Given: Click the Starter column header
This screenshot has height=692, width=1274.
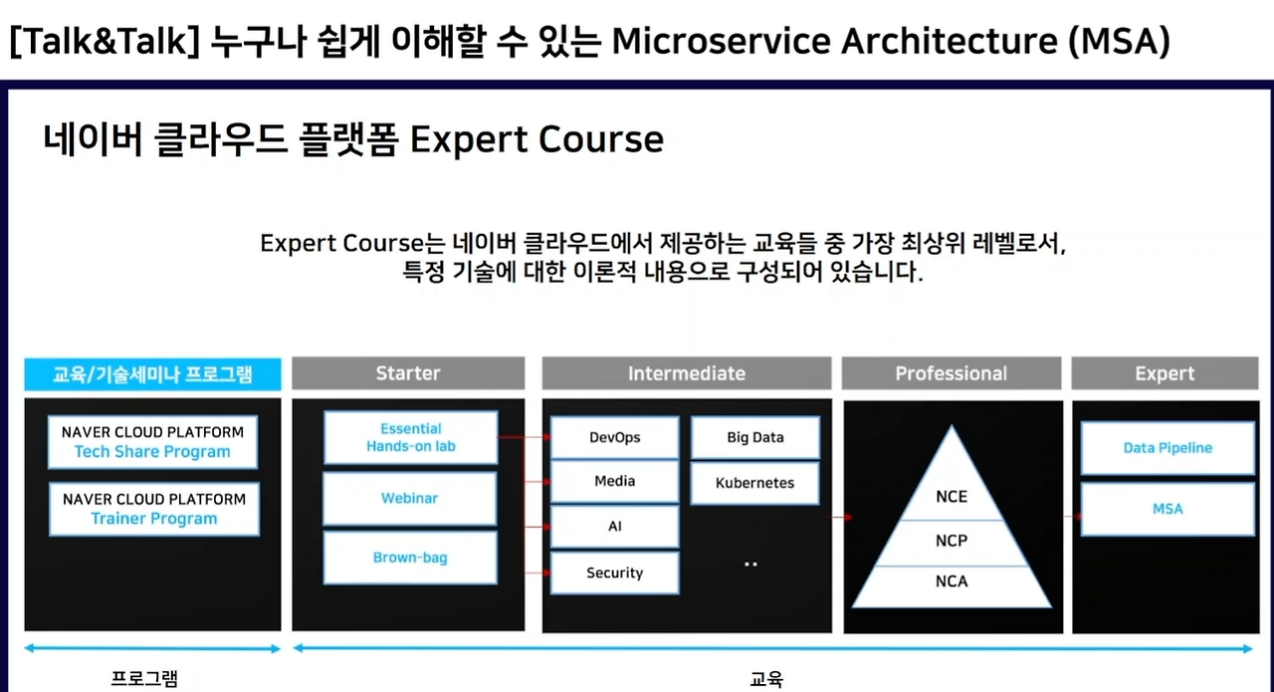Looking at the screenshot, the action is pos(408,373).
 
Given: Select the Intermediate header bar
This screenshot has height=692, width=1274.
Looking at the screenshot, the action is pos(687,373).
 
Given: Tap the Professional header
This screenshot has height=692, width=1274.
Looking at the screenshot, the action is pos(952,373).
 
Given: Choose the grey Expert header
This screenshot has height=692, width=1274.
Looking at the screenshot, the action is pos(1165,373).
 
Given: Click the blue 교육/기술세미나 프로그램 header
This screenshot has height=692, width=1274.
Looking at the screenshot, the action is pos(152,374).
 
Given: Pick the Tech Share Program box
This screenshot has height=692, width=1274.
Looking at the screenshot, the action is pos(152,442).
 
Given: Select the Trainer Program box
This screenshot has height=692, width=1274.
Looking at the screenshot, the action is pos(154,509).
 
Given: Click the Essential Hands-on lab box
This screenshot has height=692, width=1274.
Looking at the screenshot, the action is pos(411,437).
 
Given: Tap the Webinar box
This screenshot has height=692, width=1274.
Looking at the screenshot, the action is pos(409,498).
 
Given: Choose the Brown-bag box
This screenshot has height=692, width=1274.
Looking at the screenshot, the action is pos(410,558).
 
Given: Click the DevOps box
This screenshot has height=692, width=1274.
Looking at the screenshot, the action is pos(615,437).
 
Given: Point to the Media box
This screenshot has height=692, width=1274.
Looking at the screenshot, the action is pos(615,482).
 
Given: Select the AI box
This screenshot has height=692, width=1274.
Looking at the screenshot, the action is pos(615,527).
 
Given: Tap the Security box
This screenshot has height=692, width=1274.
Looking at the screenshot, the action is pos(615,573).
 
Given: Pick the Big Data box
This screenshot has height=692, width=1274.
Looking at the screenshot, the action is pos(755,437).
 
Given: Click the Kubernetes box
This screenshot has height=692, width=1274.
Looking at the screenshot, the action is pos(755,483).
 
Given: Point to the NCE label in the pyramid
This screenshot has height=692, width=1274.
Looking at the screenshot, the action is pos(952,497).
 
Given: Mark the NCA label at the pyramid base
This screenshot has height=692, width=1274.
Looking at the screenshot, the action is pos(952,581).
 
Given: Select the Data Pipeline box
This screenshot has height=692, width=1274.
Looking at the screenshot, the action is pos(1168,448).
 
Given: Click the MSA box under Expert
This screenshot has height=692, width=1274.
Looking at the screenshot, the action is pos(1168,509).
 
